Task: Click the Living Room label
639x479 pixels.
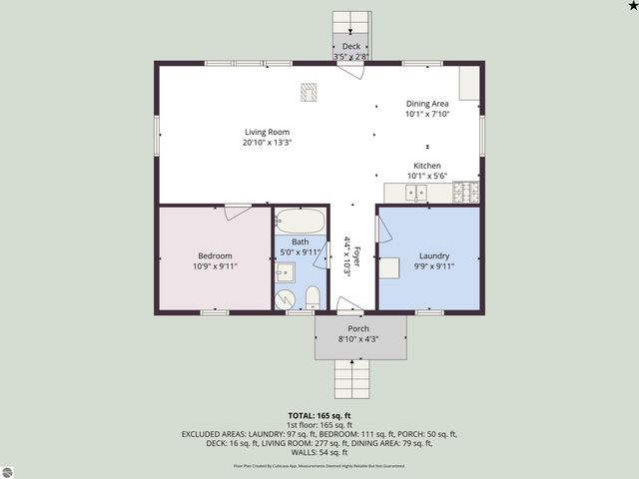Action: point(266,132)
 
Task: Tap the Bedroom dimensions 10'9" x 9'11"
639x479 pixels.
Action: point(214,266)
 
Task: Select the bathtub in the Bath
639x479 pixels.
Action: point(300,221)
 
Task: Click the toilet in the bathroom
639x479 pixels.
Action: point(313,295)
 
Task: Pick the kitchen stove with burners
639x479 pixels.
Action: point(466,192)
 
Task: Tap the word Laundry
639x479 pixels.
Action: point(433,255)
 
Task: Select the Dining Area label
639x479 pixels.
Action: point(426,104)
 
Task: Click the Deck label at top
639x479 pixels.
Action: point(350,47)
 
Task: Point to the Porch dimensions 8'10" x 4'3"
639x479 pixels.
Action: point(357,339)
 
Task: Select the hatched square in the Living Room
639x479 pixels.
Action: point(308,92)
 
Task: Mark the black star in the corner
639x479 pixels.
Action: point(632,6)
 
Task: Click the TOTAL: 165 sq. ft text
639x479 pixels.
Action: point(319,415)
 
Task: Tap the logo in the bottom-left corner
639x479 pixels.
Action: point(10,470)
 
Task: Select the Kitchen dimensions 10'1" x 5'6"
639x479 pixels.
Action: point(426,176)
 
